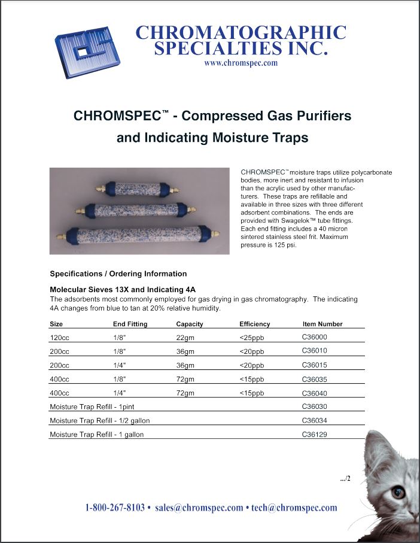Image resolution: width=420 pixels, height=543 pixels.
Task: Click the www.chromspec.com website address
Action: click(241, 63)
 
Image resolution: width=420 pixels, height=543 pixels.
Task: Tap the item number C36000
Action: click(315, 337)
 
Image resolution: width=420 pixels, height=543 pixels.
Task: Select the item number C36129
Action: click(315, 434)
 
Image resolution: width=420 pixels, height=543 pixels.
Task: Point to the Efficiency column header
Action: click(254, 324)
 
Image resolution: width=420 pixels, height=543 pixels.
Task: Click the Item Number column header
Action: click(322, 324)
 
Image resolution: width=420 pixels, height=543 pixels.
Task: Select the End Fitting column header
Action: click(130, 324)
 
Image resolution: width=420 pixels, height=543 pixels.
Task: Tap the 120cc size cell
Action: click(59, 338)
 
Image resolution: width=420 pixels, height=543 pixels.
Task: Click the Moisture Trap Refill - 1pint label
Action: click(93, 407)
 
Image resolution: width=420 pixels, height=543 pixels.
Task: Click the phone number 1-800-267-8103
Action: click(115, 508)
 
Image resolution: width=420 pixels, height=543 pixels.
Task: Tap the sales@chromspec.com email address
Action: click(199, 508)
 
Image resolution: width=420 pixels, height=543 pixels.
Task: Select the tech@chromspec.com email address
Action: click(294, 508)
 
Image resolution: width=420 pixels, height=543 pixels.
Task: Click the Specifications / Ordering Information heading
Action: click(118, 274)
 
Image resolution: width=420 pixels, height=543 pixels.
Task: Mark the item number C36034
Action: click(315, 420)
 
